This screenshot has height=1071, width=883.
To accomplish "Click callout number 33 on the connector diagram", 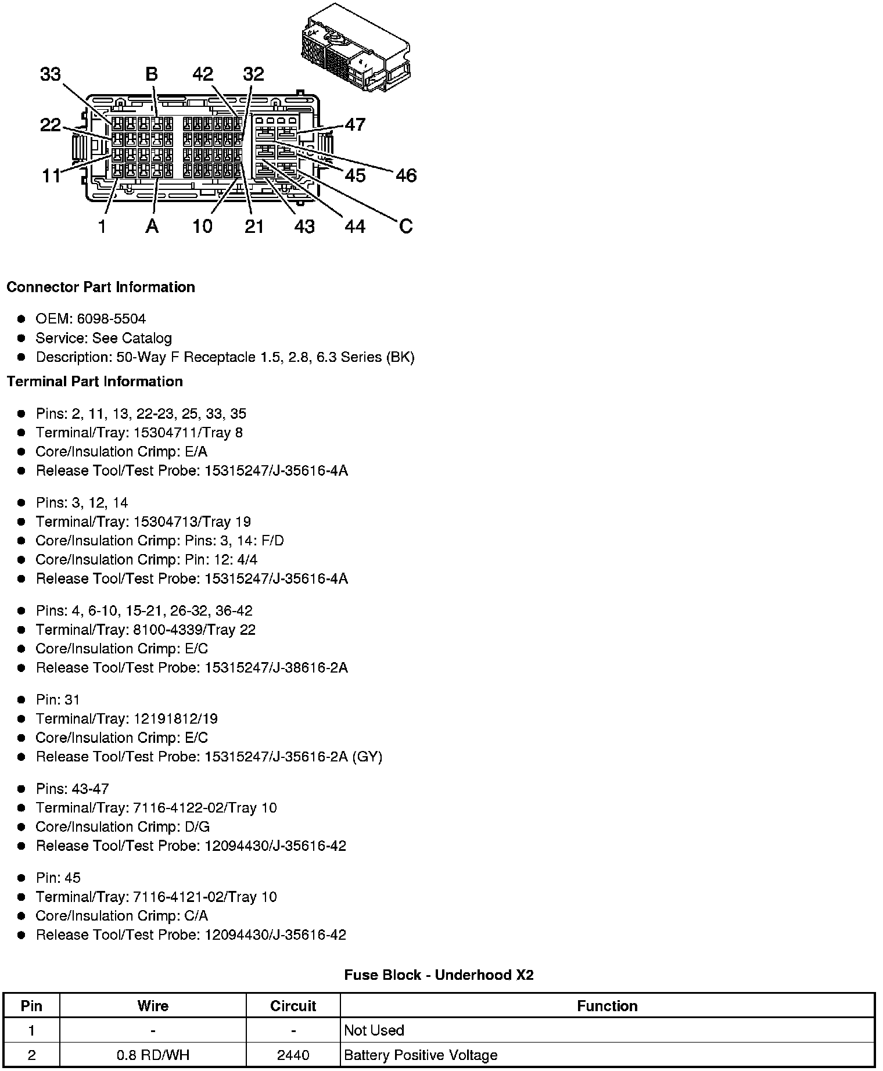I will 51,74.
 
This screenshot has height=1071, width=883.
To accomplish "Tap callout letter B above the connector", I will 151,74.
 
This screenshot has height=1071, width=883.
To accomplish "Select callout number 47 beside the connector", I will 355,124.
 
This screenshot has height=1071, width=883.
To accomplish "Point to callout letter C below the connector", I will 405,226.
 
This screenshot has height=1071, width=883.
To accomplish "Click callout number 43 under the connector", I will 304,227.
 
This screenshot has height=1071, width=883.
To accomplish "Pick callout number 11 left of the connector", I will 51,175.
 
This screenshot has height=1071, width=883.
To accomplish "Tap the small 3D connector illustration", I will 355,48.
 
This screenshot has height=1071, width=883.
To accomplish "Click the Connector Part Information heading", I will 100,287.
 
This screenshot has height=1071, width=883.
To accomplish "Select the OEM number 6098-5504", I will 111,319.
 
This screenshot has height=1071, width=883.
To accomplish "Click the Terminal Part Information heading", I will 95,382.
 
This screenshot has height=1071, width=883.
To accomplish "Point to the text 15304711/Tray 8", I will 188,433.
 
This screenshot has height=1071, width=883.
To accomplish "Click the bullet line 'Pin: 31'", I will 58,700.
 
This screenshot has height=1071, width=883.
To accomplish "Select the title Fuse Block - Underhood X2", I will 439,975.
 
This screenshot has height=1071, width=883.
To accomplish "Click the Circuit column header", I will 293,1006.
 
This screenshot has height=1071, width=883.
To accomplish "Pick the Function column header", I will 607,1006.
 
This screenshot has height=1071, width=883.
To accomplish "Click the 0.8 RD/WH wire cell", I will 153,1055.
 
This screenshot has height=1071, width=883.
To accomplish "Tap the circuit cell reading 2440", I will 293,1055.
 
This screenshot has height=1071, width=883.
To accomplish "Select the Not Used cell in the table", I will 374,1030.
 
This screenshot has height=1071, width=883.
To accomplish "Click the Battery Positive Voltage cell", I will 421,1055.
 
